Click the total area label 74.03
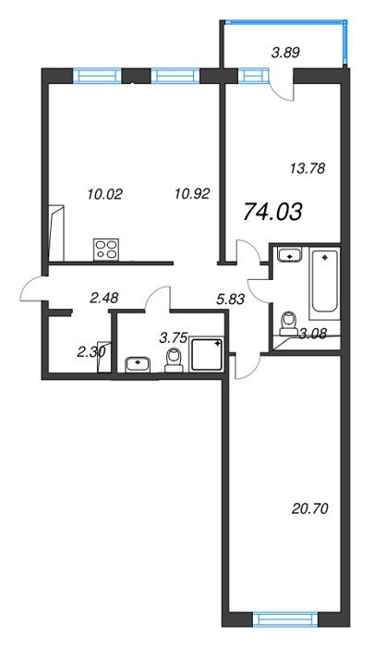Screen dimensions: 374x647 273,212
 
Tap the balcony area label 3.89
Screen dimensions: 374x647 285,53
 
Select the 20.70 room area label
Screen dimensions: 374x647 309,509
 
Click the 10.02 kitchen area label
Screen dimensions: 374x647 104,193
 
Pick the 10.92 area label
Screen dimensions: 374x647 192,192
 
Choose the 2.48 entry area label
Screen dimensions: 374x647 104,297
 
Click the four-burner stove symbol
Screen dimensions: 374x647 106,250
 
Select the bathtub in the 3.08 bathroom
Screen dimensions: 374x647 325,284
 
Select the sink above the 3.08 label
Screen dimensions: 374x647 290,255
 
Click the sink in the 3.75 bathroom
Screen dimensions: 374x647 139,365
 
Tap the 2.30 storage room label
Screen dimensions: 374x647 91,352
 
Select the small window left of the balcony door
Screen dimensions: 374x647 252,77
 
